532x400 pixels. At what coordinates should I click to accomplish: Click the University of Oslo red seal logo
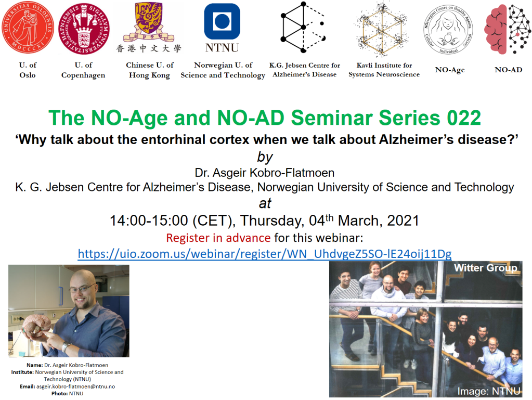coord(28,27)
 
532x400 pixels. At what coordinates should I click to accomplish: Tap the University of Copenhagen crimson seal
coord(83,29)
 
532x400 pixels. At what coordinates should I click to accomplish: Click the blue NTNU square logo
coord(222,21)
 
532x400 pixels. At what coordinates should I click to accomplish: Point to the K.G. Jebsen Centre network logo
coord(303,27)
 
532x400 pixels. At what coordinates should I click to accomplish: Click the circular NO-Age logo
coord(448,29)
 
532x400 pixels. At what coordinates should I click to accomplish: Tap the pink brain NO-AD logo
coord(508,30)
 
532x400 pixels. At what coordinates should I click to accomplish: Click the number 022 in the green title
coord(464,118)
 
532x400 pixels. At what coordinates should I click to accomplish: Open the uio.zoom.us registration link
coord(265,253)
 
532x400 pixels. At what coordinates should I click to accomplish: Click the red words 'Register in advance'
coord(218,238)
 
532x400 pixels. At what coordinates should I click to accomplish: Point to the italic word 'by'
coord(265,157)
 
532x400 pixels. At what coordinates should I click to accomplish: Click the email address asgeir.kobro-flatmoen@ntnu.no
coord(75,386)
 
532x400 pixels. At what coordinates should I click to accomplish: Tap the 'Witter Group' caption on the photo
coord(486,268)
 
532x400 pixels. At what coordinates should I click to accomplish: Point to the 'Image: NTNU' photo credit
coord(488,391)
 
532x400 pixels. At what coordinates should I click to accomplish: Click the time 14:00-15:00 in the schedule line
coord(149,221)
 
